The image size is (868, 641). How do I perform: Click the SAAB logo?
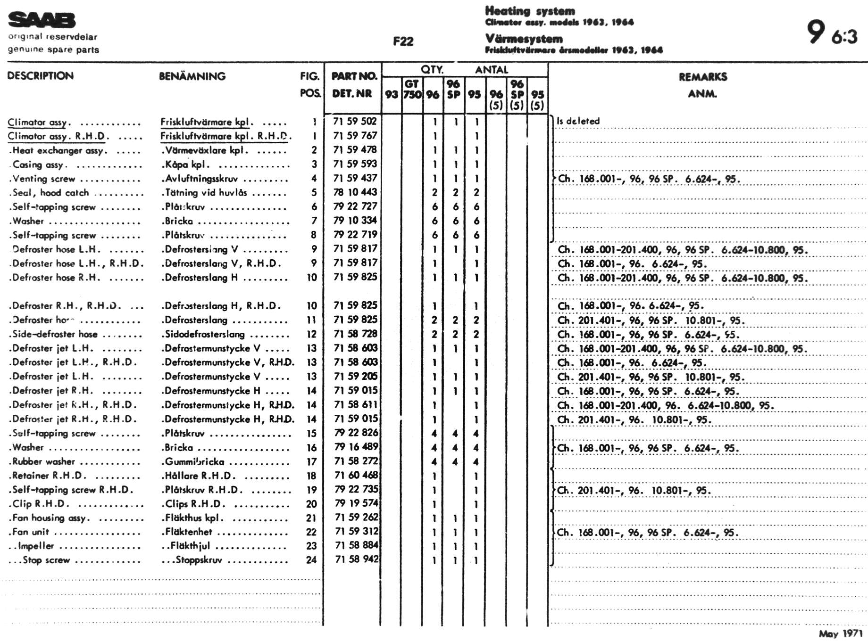(42, 20)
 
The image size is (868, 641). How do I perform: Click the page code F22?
(403, 41)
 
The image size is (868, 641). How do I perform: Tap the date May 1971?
(840, 633)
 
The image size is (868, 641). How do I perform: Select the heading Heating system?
(530, 11)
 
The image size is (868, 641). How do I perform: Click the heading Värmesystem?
(524, 39)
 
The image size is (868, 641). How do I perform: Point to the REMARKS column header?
(702, 77)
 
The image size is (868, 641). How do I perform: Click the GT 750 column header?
(412, 89)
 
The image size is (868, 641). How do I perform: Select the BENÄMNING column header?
(192, 76)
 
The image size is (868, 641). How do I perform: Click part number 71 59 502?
(355, 121)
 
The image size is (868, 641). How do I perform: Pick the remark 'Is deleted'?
(578, 121)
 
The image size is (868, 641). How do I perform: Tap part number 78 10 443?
(355, 192)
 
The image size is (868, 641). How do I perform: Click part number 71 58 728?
(355, 334)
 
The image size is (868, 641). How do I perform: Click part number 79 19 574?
(356, 503)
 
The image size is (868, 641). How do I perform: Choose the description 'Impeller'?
(36, 546)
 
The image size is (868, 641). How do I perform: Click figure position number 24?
(311, 560)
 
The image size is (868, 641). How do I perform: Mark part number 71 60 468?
(356, 475)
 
